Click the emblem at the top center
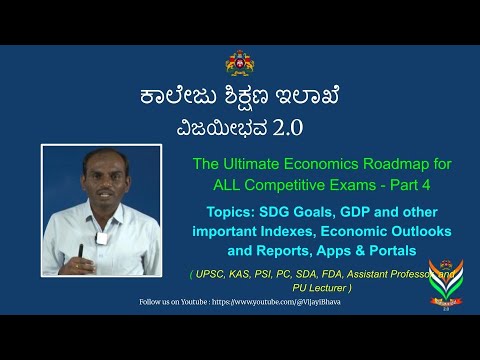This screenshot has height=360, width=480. [240, 62]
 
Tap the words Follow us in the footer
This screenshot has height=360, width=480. [156, 300]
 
